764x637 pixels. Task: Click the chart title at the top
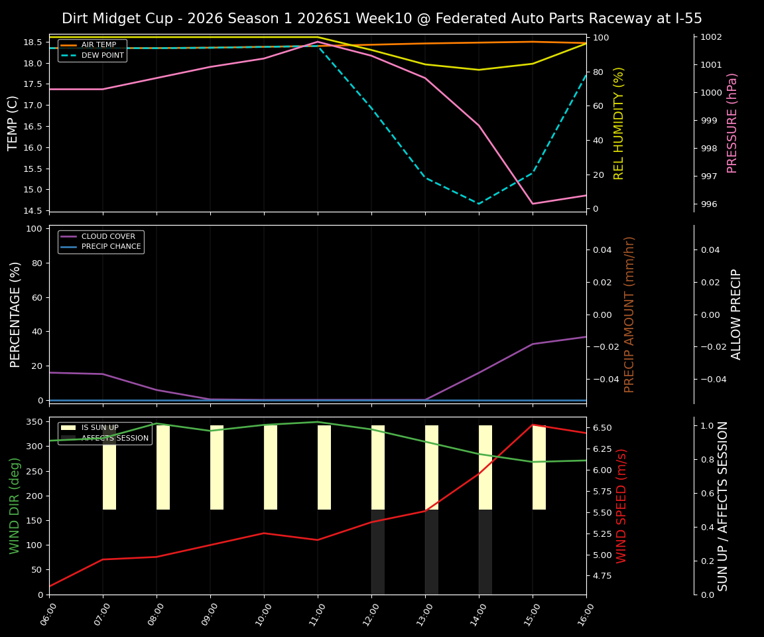point(382,19)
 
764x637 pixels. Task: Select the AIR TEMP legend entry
point(98,45)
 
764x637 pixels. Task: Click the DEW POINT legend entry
point(102,56)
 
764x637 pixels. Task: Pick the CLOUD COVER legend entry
point(108,236)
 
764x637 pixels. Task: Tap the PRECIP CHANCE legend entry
point(111,247)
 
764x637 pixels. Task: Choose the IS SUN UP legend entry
point(99,428)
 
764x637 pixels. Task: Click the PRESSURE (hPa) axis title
point(732,123)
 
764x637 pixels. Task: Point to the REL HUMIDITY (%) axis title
point(619,123)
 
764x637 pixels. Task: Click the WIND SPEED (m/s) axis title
point(621,506)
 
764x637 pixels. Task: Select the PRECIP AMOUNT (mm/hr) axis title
point(629,314)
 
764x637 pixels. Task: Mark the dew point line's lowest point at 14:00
point(479,204)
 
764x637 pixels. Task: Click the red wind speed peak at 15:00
point(533,425)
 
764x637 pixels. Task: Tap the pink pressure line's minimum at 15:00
point(533,204)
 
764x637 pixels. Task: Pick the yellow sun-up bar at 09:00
point(217,467)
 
